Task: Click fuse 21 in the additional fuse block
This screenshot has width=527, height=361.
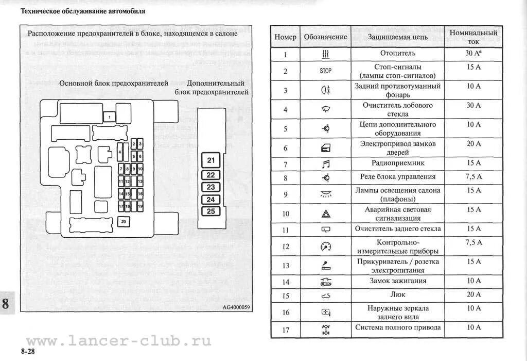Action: pos(210,160)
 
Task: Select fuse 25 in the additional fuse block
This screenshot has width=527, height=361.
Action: pos(210,211)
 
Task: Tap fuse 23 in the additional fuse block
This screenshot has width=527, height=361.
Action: pos(210,187)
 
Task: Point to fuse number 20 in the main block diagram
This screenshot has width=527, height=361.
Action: pos(124,222)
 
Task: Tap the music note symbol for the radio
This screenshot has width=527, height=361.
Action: pos(325,163)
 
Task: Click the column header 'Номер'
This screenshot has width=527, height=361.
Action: pos(285,37)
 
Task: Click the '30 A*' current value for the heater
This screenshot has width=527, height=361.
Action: pos(473,53)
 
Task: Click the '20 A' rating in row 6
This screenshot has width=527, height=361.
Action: pos(473,143)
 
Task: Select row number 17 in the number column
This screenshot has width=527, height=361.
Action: pos(286,330)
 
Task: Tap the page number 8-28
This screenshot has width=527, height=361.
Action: pos(29,351)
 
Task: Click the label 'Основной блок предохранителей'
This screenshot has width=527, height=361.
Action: pos(114,83)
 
